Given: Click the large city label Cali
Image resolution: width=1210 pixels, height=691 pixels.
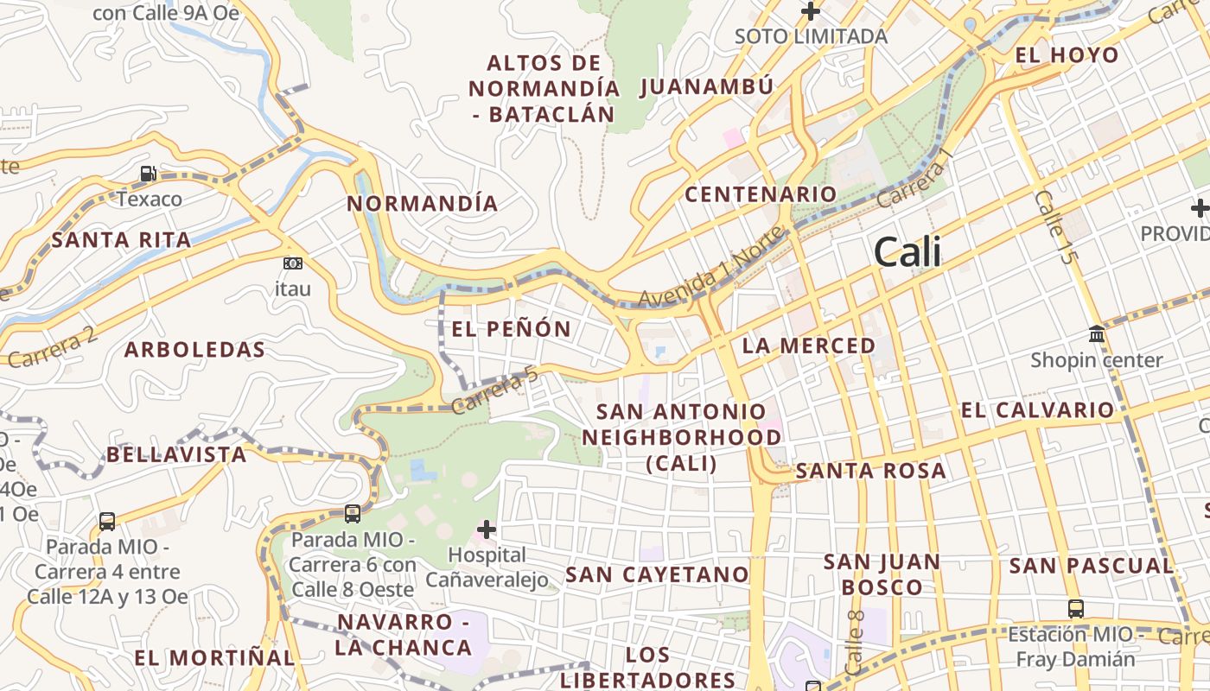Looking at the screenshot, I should pyautogui.click(x=907, y=252).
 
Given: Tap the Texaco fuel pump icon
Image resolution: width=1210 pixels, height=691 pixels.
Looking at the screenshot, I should pyautogui.click(x=149, y=174).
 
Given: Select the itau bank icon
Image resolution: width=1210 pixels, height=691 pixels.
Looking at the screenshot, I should pyautogui.click(x=293, y=263).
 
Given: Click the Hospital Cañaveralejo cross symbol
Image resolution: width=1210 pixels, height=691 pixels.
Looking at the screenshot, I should pyautogui.click(x=487, y=529).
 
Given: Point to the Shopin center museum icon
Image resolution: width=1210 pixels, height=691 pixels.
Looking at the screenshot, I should pyautogui.click(x=1097, y=333).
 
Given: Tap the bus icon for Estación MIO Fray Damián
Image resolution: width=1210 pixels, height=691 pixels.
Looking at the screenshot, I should pyautogui.click(x=1075, y=608).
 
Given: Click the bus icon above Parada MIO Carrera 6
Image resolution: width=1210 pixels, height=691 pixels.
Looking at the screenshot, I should pyautogui.click(x=353, y=514).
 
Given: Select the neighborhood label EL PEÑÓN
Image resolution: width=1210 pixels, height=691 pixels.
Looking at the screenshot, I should pyautogui.click(x=511, y=329).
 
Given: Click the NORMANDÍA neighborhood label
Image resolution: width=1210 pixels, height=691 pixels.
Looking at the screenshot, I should pyautogui.click(x=423, y=204).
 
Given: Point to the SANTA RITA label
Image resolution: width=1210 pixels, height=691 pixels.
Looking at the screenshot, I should pyautogui.click(x=121, y=240).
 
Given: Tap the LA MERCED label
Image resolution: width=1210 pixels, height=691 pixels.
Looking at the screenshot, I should pyautogui.click(x=809, y=346).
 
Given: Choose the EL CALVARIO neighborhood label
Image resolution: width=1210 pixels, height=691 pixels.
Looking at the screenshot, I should pyautogui.click(x=1037, y=410).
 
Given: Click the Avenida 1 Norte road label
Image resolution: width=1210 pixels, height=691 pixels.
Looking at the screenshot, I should pyautogui.click(x=711, y=269).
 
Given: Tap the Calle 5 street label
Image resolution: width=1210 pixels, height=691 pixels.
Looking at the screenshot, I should pyautogui.click(x=1056, y=227).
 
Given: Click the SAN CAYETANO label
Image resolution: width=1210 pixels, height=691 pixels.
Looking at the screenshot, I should pyautogui.click(x=657, y=574).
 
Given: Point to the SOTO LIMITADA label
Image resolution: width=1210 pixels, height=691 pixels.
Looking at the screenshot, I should pyautogui.click(x=811, y=36).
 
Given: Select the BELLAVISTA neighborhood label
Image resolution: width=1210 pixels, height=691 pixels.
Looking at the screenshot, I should pyautogui.click(x=176, y=454).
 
